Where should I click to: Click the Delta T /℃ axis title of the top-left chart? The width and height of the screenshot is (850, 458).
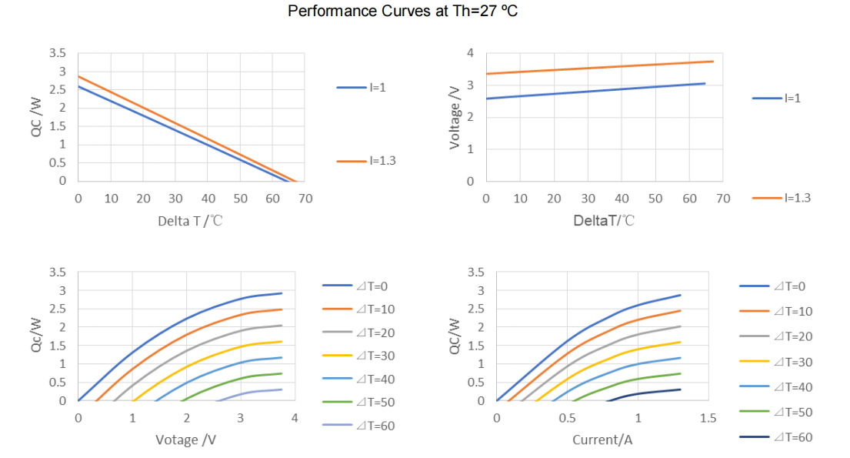[x=191, y=221]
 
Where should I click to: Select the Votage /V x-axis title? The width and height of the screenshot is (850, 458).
[x=187, y=440]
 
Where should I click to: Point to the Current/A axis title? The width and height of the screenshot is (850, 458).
[x=602, y=440]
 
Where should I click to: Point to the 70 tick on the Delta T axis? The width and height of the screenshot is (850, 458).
[x=305, y=199]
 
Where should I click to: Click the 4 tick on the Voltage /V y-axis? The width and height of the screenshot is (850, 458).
[x=470, y=53]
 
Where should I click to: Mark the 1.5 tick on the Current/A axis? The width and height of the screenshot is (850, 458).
[x=708, y=418]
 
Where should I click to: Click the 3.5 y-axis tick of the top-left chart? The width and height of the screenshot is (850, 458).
[x=58, y=53]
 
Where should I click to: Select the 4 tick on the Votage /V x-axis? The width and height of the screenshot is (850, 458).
[x=294, y=418]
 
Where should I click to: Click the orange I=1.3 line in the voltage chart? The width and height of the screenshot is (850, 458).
[x=600, y=68]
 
